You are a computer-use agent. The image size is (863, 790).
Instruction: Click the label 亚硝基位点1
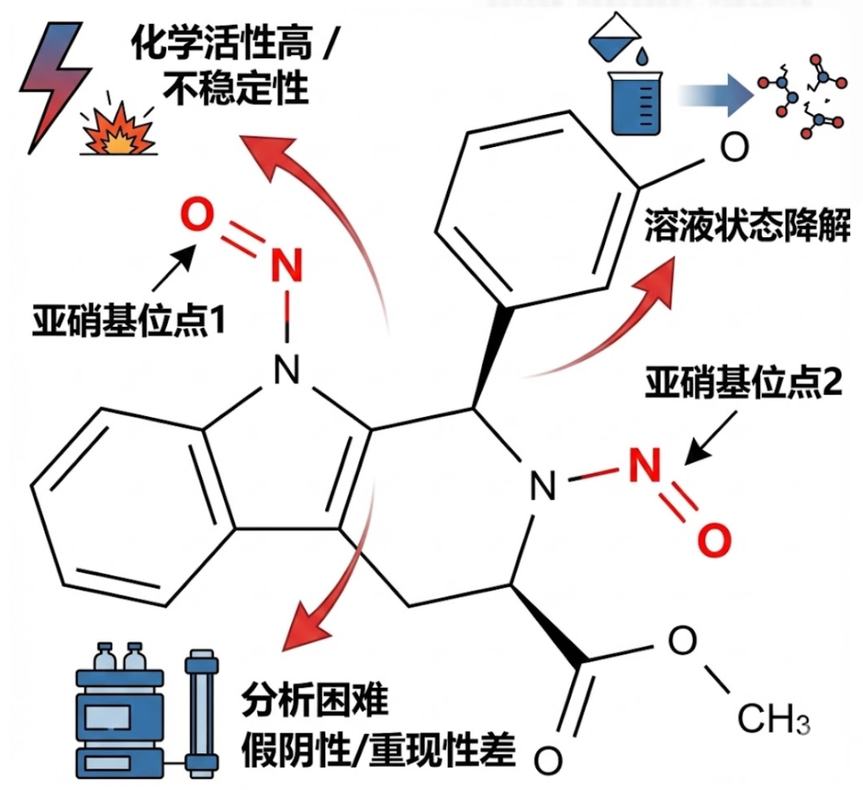pyautogui.click(x=128, y=320)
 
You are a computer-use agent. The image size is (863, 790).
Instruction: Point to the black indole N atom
pyautogui.click(x=284, y=367)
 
